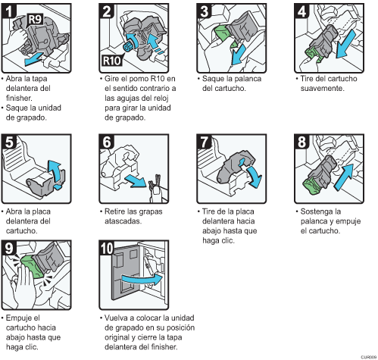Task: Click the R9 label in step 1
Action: [x=35, y=19]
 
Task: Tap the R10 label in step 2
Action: [x=112, y=61]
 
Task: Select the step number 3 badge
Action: [x=204, y=11]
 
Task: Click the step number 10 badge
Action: [x=107, y=249]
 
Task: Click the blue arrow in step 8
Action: [x=344, y=177]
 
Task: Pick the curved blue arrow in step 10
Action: [x=142, y=279]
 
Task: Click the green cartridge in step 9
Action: [x=31, y=267]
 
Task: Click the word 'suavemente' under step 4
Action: [x=322, y=89]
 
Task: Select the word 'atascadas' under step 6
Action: [x=123, y=221]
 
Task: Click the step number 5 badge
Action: [x=8, y=142]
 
